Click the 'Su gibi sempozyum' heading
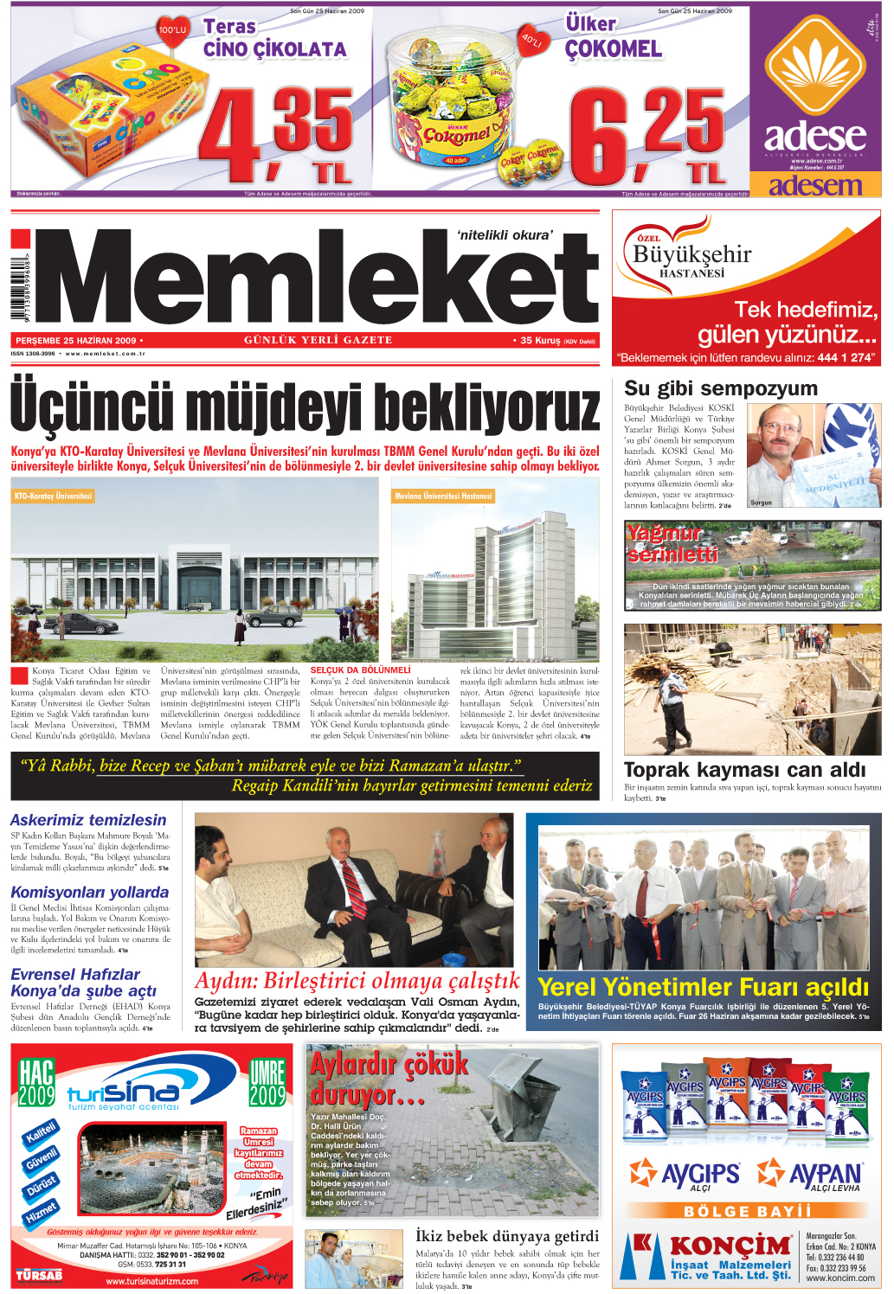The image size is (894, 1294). (721, 388)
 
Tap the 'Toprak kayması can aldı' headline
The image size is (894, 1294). (744, 769)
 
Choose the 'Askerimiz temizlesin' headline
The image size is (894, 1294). (88, 819)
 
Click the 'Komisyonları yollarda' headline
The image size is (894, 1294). (89, 892)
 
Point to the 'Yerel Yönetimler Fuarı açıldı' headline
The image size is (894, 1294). (703, 987)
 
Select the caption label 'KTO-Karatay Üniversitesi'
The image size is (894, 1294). (53, 496)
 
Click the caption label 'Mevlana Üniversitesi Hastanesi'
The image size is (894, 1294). (443, 496)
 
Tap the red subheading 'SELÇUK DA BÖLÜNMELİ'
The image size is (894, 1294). (360, 670)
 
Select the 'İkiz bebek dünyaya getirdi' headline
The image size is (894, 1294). (506, 1236)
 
